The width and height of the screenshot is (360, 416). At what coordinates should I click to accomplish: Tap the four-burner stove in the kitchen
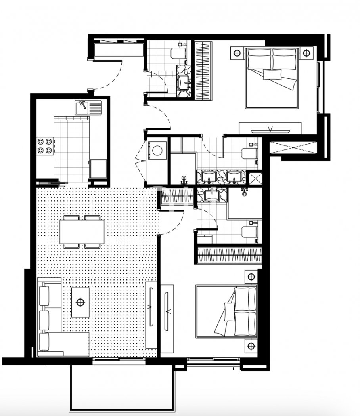click(x=45, y=145)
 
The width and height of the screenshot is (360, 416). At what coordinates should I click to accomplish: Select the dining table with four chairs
click(x=82, y=232)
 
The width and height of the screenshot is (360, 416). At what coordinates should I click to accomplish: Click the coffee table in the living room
click(x=80, y=302)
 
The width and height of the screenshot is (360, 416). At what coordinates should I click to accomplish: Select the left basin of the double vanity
click(x=208, y=177)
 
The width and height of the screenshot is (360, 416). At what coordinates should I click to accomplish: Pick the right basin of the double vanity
click(x=235, y=177)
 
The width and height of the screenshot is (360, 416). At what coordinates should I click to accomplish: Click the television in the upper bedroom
click(x=270, y=128)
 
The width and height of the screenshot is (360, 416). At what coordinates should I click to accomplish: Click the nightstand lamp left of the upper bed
click(x=237, y=52)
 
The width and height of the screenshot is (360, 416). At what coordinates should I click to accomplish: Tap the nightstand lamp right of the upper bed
click(x=306, y=52)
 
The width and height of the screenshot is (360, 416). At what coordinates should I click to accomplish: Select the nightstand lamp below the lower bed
click(x=251, y=346)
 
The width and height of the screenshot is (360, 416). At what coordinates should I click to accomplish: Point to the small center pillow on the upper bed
click(x=272, y=74)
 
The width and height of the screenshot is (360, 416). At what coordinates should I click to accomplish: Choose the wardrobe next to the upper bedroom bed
click(x=203, y=70)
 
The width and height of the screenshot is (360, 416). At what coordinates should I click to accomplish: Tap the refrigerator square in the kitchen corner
click(x=98, y=169)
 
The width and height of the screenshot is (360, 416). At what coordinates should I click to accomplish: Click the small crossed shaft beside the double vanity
click(x=254, y=177)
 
